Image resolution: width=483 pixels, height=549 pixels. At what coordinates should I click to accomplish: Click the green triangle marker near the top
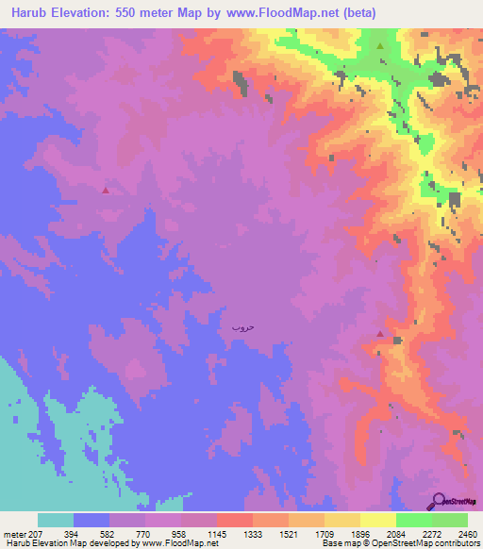pyautogui.click(x=380, y=45)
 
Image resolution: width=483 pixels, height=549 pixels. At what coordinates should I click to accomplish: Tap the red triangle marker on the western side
pyautogui.click(x=105, y=190)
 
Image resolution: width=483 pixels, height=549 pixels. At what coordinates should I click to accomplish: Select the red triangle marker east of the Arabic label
pyautogui.click(x=379, y=333)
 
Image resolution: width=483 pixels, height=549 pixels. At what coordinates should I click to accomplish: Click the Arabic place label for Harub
pyautogui.click(x=243, y=326)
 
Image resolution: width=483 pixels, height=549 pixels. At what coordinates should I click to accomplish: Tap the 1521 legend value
pyautogui.click(x=341, y=534)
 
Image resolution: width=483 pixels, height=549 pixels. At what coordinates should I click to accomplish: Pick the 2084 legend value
pyautogui.click(x=413, y=534)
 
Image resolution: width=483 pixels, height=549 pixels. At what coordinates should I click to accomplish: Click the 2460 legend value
pyautogui.click(x=456, y=534)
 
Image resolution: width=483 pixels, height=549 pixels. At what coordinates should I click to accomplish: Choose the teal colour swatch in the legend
pyautogui.click(x=56, y=520)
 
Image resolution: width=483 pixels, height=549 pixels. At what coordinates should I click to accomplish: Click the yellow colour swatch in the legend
pyautogui.click(x=376, y=520)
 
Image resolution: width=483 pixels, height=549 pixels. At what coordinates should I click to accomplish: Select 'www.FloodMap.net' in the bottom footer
pyautogui.click(x=185, y=543)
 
